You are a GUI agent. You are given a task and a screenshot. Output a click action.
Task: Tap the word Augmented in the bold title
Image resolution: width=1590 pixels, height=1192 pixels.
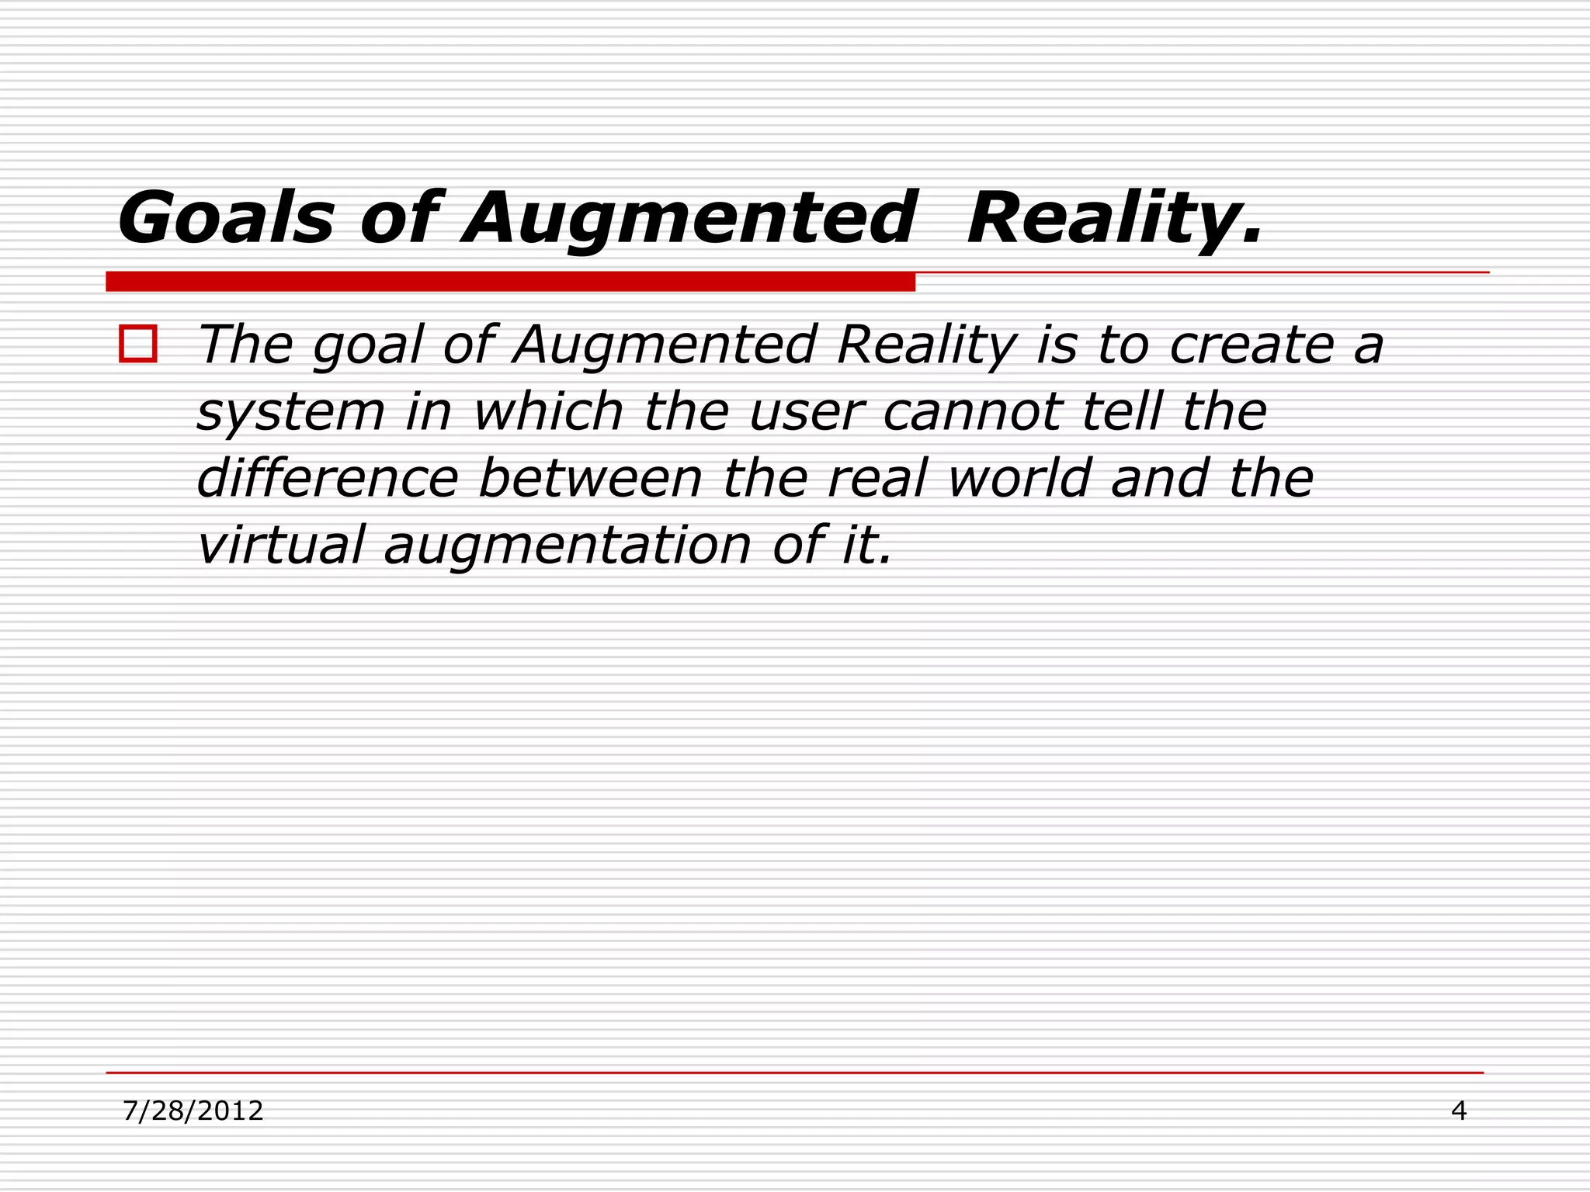click(x=689, y=219)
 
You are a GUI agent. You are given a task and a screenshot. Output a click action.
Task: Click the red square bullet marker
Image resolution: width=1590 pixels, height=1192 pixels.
click(x=138, y=344)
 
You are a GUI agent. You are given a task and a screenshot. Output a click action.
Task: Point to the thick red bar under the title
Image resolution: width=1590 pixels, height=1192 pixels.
click(x=510, y=281)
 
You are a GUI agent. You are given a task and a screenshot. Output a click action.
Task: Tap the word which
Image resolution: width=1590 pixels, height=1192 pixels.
click(x=548, y=411)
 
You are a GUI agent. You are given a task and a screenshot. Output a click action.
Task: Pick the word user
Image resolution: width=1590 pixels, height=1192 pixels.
click(x=807, y=412)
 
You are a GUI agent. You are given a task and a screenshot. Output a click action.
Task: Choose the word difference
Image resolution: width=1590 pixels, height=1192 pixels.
click(x=328, y=478)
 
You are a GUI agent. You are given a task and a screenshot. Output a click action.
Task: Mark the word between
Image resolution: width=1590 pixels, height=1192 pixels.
click(x=591, y=478)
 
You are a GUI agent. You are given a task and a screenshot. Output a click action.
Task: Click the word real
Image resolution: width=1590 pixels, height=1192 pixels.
click(x=877, y=478)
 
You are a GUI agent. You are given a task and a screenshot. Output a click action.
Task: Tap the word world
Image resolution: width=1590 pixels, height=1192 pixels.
click(x=1019, y=478)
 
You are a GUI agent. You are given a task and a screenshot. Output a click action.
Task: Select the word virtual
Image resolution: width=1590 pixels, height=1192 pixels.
click(x=280, y=545)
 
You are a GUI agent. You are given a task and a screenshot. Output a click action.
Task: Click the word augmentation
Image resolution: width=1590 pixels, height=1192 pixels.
click(x=568, y=546)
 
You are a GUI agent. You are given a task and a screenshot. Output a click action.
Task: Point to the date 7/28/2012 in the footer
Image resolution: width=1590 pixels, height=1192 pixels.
click(x=193, y=1111)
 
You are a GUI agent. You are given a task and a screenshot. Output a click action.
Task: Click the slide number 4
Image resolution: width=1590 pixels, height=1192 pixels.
click(x=1459, y=1111)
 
